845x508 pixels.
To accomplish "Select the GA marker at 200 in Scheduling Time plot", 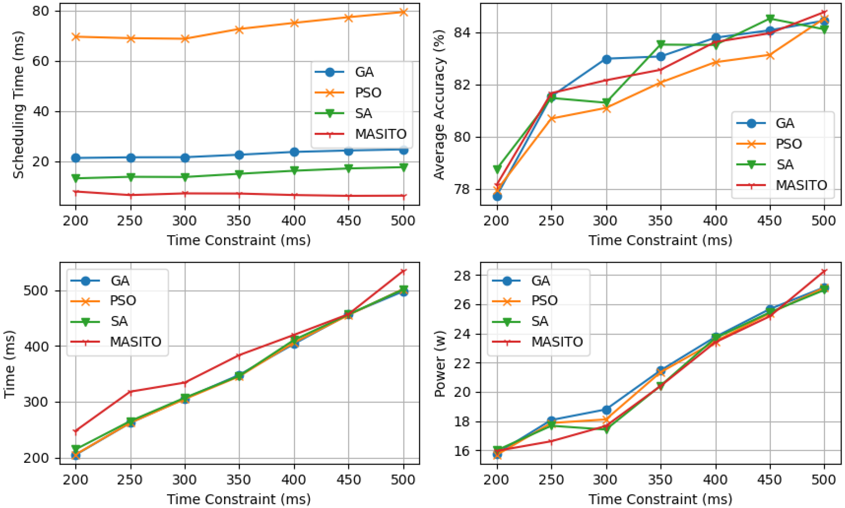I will pyautogui.click(x=76, y=158).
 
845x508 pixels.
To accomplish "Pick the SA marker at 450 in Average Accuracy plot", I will pyautogui.click(x=770, y=18).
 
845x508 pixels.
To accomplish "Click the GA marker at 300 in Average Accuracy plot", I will pyautogui.click(x=606, y=59).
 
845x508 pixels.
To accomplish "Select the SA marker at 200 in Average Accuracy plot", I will pyautogui.click(x=497, y=169).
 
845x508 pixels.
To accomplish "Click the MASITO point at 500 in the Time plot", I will pyautogui.click(x=403, y=271).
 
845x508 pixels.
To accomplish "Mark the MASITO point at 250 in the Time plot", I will pyautogui.click(x=130, y=391).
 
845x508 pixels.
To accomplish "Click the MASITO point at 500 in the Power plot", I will pyautogui.click(x=824, y=271).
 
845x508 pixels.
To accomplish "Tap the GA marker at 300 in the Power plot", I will pyautogui.click(x=606, y=410).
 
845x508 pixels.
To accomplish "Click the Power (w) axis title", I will pyautogui.click(x=439, y=364).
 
